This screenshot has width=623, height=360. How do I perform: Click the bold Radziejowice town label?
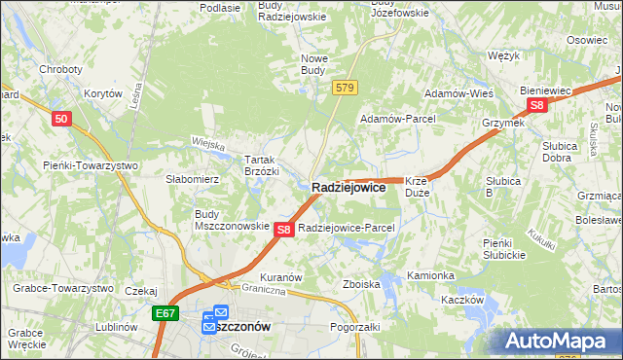pos(348,188)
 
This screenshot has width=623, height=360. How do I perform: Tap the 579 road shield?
pos(344,88)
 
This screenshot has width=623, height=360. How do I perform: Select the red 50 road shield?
pos(61,119)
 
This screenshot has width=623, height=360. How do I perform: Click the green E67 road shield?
pos(165,313)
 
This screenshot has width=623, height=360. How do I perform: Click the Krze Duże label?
pos(417,187)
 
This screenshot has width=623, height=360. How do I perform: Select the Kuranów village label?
pos(277,276)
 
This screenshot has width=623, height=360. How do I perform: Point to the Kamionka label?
pos(430,275)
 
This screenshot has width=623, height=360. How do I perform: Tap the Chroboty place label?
pos(60,70)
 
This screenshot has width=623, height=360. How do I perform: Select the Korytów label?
pos(102,93)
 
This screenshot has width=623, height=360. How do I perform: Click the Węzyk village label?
pos(503,56)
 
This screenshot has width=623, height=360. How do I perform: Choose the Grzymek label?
pos(503,124)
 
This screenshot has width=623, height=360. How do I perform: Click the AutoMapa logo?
pos(560,342)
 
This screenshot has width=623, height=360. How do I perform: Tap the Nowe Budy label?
pos(319,65)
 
